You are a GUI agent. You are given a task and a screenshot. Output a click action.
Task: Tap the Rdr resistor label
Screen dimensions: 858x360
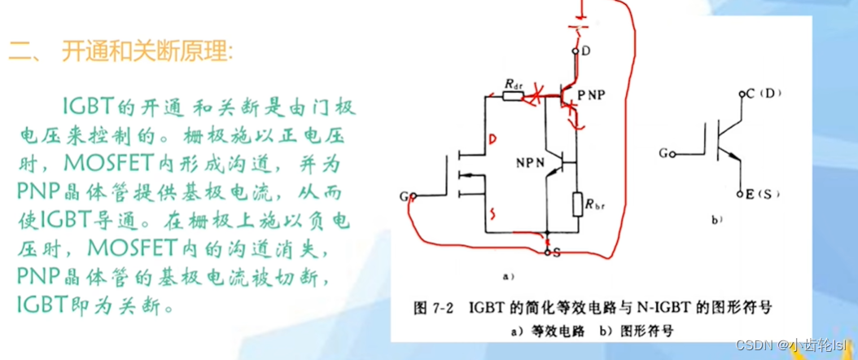[513, 83]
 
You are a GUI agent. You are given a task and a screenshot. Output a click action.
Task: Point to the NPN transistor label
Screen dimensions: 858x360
[529, 162]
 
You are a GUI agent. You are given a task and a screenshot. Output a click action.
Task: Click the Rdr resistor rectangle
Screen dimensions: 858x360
[513, 96]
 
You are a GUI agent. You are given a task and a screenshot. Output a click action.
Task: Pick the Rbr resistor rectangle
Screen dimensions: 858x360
[576, 200]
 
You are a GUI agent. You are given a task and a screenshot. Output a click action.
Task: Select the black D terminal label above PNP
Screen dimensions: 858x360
[586, 51]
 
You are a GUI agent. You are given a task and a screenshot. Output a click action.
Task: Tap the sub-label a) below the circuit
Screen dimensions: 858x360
[506, 275]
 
